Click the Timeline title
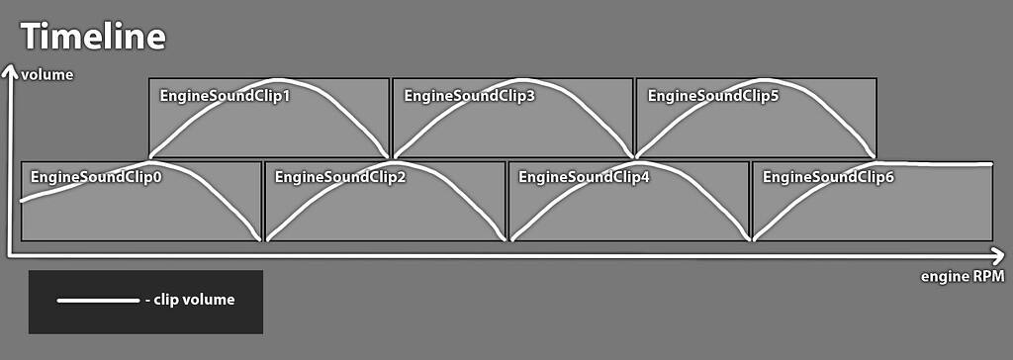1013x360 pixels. pyautogui.click(x=93, y=37)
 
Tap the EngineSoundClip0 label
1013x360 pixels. pyautogui.click(x=96, y=177)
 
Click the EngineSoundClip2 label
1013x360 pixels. pyautogui.click(x=339, y=177)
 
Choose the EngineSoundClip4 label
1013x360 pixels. pyautogui.click(x=584, y=177)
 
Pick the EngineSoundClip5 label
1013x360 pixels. pyautogui.click(x=712, y=96)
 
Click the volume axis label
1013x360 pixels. pyautogui.click(x=47, y=75)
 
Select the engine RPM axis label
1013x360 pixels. pyautogui.click(x=963, y=276)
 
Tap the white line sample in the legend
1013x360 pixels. pyautogui.click(x=98, y=300)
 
